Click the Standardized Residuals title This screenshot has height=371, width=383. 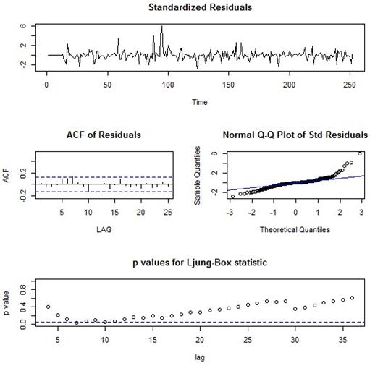(200, 7)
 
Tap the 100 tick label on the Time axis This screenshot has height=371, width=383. (168, 85)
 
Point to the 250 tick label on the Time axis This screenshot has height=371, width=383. (350, 85)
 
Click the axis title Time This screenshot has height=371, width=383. (200, 102)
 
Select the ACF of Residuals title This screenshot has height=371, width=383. (104, 135)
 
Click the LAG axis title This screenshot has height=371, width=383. (104, 229)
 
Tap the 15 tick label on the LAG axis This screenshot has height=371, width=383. (114, 213)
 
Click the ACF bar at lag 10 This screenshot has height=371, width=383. (88, 188)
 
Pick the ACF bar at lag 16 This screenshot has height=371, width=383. (120, 182)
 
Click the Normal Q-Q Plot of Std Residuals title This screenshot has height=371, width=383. (295, 135)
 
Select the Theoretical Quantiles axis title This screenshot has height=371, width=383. (295, 229)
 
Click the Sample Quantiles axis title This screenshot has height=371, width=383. (197, 176)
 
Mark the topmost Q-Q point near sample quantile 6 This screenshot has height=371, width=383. (360, 153)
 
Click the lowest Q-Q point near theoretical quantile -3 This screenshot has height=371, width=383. (233, 197)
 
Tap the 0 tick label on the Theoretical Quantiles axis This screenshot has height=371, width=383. (295, 213)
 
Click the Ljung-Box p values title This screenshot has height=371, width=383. (200, 263)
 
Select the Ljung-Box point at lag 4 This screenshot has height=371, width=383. (49, 307)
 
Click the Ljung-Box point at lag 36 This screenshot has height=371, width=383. (352, 298)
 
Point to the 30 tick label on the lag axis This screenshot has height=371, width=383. (295, 340)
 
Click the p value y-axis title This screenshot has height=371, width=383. (7, 303)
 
